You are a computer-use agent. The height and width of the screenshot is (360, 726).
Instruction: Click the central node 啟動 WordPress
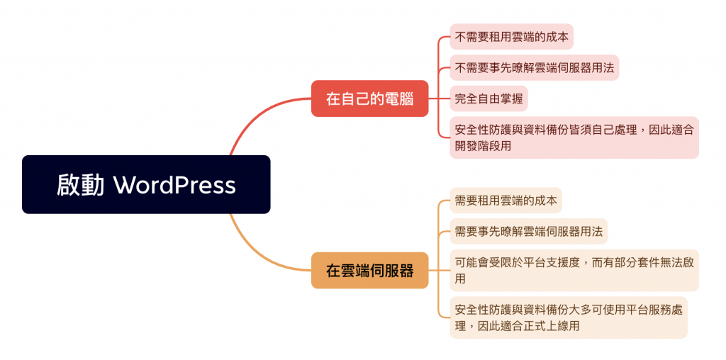click(146, 184)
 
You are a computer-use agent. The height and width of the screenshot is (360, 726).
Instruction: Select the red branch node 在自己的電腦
click(369, 99)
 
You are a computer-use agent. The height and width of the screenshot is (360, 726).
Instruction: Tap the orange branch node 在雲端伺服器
click(369, 270)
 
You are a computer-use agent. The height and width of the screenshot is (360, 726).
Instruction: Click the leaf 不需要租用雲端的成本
click(501, 36)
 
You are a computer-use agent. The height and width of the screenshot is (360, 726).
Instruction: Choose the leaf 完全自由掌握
click(488, 99)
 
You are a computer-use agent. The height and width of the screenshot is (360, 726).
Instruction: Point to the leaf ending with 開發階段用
click(574, 137)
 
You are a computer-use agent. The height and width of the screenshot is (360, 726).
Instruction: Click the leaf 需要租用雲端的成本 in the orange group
click(506, 200)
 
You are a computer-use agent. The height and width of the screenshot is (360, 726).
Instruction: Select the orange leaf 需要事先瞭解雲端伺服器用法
click(528, 231)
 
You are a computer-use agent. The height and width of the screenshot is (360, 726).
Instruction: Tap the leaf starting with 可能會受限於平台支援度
click(574, 270)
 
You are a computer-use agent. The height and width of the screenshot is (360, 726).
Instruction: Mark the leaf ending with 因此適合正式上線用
click(568, 317)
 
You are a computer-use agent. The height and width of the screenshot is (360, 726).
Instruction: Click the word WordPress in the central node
click(174, 185)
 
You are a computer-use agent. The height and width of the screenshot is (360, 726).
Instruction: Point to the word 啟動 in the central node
click(81, 185)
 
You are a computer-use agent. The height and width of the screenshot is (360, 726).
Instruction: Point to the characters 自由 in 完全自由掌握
click(488, 99)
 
